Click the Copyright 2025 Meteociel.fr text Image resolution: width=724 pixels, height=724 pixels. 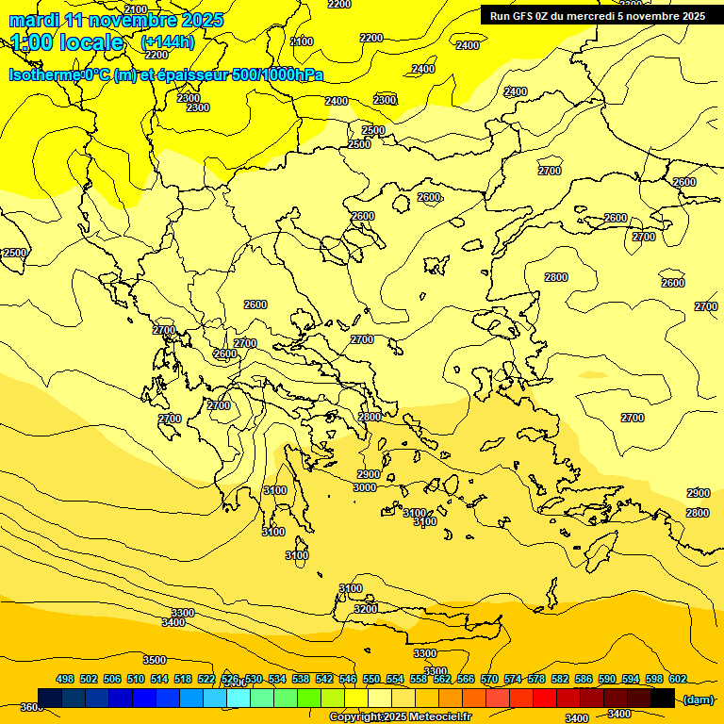400,717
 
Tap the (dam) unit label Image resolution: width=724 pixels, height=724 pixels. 698,699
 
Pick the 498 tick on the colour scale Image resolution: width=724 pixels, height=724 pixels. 65,679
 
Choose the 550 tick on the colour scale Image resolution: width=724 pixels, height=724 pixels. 371,679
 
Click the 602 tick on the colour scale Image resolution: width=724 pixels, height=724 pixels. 678,679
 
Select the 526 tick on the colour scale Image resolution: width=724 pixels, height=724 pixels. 230,679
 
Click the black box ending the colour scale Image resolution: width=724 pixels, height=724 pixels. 663,698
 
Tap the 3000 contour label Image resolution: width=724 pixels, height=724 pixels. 365,487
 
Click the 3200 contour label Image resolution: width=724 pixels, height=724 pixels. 366,609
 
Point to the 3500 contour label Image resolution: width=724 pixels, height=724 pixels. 155,660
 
